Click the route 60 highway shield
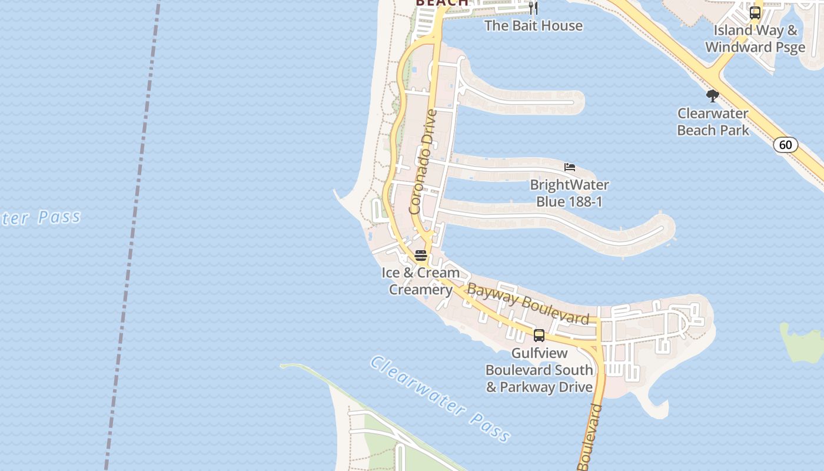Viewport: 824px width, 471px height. pos(785,145)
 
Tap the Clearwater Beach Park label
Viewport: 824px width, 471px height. pos(713,122)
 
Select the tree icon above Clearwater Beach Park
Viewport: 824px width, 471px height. pos(713,96)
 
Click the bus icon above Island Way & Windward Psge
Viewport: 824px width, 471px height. pos(755,12)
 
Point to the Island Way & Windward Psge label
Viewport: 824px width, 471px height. pos(755,39)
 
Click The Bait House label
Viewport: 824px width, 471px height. pos(533,26)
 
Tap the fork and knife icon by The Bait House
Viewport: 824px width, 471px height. pos(533,8)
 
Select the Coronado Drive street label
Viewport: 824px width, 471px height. pos(424,161)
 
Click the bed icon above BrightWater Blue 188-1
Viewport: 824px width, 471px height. pos(569,167)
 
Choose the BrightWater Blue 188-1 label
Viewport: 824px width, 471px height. pos(569,193)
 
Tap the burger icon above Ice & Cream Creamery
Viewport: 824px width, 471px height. pos(420,256)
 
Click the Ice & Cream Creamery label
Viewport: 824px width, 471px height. pos(420,281)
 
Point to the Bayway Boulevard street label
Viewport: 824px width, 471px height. pos(527,304)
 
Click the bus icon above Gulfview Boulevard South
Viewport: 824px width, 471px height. pos(539,336)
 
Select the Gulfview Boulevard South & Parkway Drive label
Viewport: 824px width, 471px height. pos(539,370)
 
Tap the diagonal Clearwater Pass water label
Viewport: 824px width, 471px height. pos(440,399)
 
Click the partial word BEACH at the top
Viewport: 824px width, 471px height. pos(442,3)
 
